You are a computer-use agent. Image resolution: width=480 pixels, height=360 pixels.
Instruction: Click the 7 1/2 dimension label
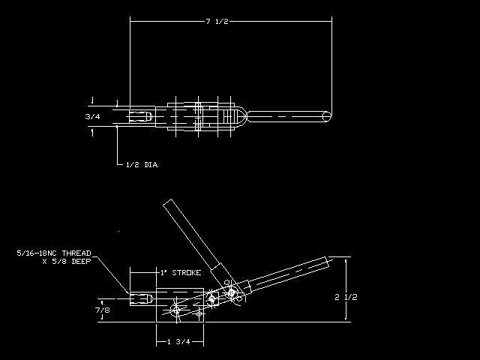click(x=217, y=22)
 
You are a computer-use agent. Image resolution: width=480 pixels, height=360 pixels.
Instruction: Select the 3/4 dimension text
click(x=93, y=117)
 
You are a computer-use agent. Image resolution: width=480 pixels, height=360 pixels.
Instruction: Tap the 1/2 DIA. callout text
click(x=142, y=165)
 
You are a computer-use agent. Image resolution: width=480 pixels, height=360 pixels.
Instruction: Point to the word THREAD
click(x=76, y=253)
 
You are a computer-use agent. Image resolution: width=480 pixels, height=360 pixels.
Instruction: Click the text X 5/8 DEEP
click(x=67, y=262)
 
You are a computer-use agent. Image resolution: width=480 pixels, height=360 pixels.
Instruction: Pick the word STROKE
click(x=187, y=273)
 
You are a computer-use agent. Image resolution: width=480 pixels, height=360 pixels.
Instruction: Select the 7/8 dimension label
click(x=103, y=310)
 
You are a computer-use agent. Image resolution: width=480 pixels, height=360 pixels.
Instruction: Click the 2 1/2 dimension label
click(x=346, y=297)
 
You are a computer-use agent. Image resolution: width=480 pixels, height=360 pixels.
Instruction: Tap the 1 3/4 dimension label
click(x=179, y=342)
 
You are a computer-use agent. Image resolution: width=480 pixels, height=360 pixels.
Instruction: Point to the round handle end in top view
click(x=327, y=117)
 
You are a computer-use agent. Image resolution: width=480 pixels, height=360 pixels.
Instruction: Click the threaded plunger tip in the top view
click(x=140, y=117)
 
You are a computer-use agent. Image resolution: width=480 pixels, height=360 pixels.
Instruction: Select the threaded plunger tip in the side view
click(x=141, y=298)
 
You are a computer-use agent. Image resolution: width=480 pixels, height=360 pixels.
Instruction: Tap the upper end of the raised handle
click(x=168, y=203)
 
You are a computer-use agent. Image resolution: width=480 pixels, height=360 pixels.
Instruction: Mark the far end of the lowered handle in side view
click(x=328, y=262)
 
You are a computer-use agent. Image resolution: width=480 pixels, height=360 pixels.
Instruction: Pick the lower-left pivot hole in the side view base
click(x=176, y=310)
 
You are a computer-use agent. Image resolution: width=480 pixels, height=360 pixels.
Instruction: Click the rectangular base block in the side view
click(x=180, y=305)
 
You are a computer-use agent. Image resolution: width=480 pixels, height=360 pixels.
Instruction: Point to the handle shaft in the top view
click(x=286, y=117)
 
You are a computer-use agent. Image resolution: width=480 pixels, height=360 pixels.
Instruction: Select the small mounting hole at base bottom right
click(x=199, y=313)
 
